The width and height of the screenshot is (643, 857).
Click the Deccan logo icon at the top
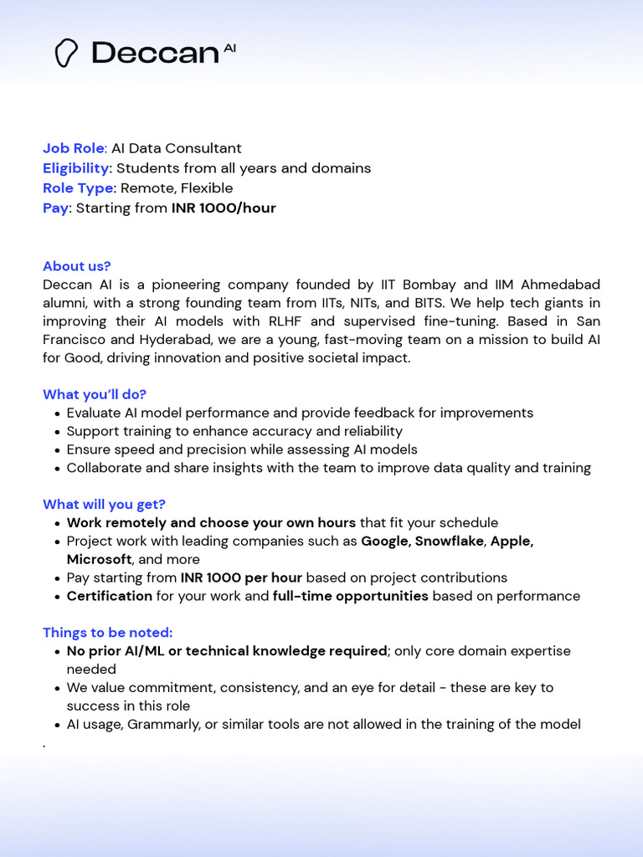[66, 53]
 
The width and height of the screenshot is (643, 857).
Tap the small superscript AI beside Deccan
[229, 49]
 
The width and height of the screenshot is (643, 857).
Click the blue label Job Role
[73, 148]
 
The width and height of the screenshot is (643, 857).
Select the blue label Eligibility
[75, 168]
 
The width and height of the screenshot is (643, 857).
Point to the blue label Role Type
[78, 188]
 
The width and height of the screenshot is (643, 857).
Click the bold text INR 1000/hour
[224, 208]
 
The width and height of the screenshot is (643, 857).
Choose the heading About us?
[76, 266]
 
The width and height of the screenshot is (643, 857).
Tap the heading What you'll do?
[95, 394]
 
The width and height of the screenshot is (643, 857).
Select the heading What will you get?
[104, 504]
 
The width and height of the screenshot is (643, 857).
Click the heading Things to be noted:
[107, 633]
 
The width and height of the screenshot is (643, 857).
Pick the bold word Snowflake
[450, 541]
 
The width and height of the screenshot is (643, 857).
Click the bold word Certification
[110, 596]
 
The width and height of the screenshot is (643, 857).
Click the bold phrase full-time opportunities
[350, 596]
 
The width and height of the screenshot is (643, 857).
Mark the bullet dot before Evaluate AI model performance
[57, 413]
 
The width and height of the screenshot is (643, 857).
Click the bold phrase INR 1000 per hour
[241, 577]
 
